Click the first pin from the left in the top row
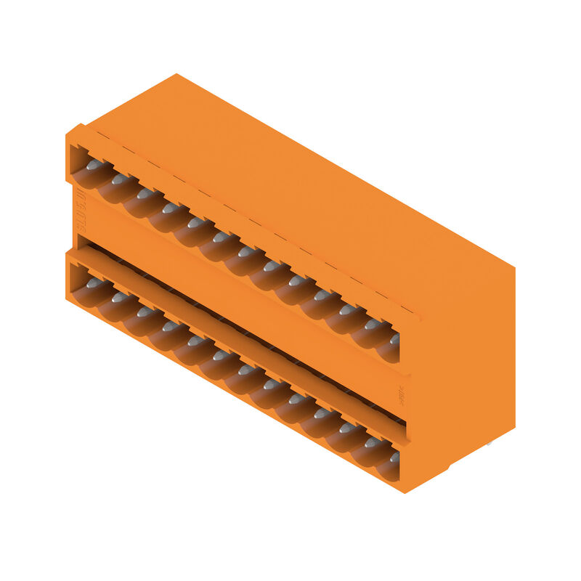click(x=93, y=166)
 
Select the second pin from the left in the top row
click(x=118, y=179)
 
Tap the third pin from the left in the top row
click(x=144, y=193)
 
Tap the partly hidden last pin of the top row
click(x=394, y=338)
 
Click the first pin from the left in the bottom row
click(x=93, y=284)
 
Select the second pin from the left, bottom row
click(x=118, y=297)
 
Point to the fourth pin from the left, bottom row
click(x=168, y=326)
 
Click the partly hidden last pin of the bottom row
click(x=394, y=457)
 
